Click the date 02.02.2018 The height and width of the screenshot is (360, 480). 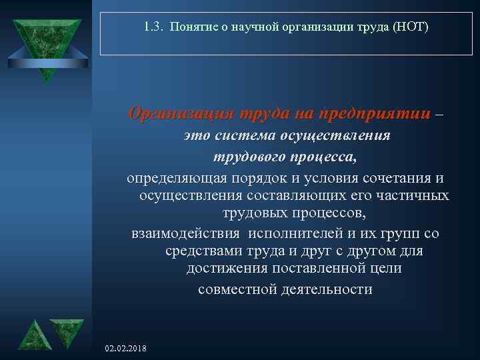tap(127, 349)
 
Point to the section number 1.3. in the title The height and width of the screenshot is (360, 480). tap(153, 28)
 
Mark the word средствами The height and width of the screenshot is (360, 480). tap(199, 252)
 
